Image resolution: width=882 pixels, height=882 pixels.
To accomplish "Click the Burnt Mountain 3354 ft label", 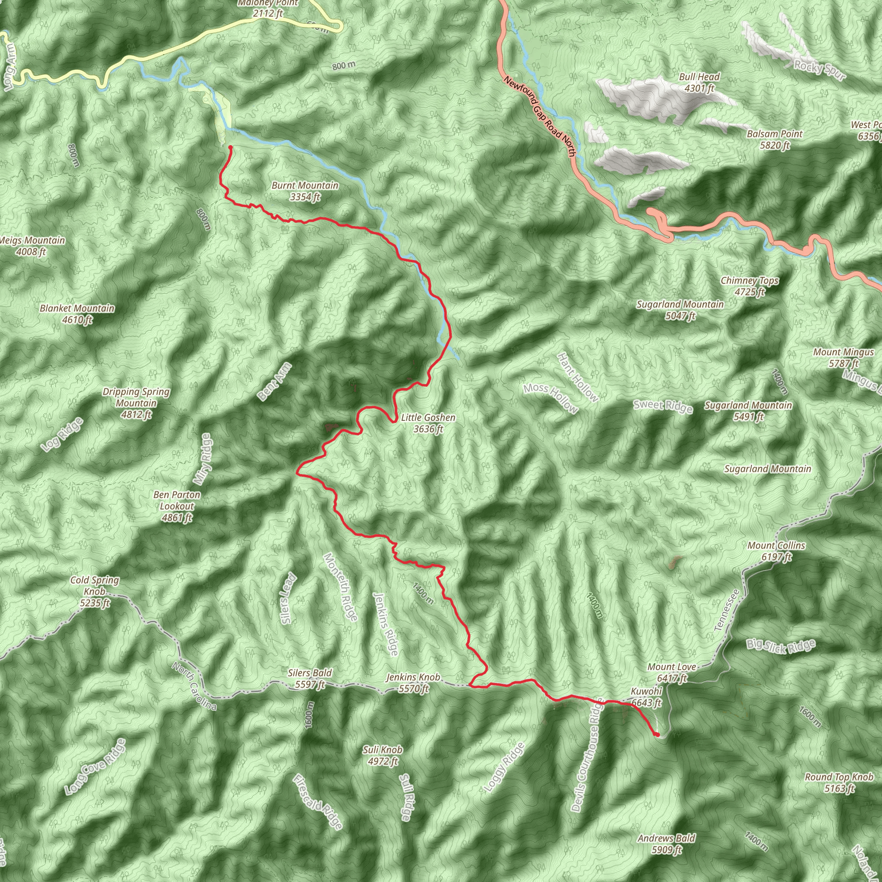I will click(304, 191).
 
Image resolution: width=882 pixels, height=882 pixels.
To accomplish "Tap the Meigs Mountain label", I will click(32, 245).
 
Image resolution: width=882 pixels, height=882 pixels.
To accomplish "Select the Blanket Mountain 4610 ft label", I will click(77, 314).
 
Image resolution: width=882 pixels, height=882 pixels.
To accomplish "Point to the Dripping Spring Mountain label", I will click(136, 403).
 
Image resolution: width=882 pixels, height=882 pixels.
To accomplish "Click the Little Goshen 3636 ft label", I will click(428, 423).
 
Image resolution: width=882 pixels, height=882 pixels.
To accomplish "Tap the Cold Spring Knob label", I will click(94, 591).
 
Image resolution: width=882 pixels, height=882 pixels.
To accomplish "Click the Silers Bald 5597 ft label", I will click(310, 678).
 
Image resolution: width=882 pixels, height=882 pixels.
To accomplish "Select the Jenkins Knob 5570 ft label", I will click(413, 683).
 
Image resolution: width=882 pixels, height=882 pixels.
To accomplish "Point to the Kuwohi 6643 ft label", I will click(646, 697).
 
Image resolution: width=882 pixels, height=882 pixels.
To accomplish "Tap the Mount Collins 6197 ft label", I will click(776, 551).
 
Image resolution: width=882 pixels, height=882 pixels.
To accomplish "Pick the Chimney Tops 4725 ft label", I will click(750, 286).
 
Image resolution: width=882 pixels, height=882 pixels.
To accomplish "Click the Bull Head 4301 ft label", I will click(699, 82).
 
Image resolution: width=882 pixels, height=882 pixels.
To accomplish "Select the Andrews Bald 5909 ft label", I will click(667, 844).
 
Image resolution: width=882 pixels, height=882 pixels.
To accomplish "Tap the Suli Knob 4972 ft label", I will click(382, 755).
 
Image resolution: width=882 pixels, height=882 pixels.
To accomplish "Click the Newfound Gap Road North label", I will click(539, 117).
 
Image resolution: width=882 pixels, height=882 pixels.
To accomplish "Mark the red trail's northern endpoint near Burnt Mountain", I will click(230, 147).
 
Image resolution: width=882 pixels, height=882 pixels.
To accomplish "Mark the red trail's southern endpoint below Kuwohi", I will click(656, 735).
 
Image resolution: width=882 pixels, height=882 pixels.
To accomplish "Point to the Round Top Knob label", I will click(839, 783).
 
